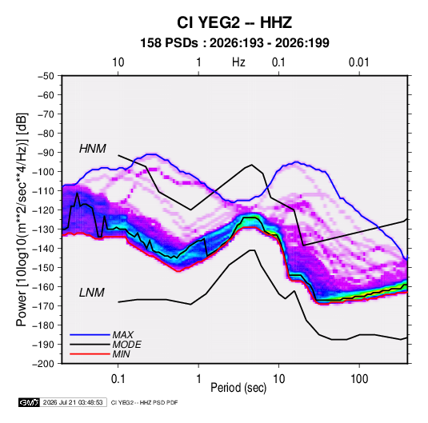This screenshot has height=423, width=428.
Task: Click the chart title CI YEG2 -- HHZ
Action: point(234,22)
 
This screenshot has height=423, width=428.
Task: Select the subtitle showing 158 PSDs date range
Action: point(234,43)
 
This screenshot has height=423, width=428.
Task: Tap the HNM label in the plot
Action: point(93,149)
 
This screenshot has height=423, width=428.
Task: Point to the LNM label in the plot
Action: point(92,293)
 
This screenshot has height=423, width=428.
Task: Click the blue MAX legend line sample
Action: point(90,334)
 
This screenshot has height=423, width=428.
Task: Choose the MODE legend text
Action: point(126,345)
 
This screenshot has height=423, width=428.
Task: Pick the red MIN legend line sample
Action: point(90,354)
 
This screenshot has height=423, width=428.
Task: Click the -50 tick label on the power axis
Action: point(46,76)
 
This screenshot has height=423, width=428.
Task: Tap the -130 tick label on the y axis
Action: point(43,229)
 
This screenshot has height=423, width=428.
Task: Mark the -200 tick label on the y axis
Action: point(43,364)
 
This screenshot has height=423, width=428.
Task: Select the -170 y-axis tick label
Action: point(43,306)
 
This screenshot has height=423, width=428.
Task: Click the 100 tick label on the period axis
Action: point(359,379)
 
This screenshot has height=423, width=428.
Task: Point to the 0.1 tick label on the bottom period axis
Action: point(118,379)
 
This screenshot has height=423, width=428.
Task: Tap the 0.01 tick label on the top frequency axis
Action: point(359,62)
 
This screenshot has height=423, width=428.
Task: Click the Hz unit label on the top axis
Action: point(238,62)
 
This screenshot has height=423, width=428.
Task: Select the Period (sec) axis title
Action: point(238,388)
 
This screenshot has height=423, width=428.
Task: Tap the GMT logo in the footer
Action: point(29,402)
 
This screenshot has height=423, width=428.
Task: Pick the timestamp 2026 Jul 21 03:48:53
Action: point(73,402)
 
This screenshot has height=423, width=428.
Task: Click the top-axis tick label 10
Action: point(118,62)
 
